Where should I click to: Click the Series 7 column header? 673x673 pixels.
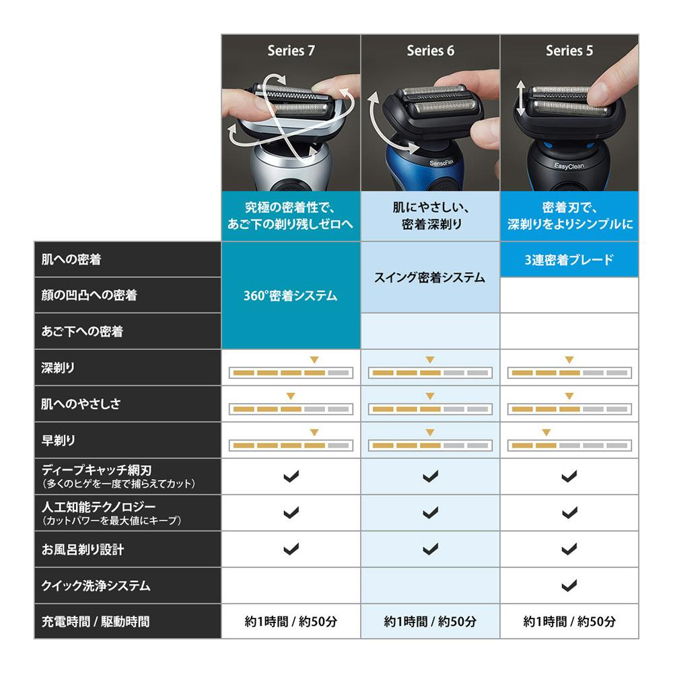[x=291, y=50]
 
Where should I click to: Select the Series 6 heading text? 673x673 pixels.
[x=430, y=50]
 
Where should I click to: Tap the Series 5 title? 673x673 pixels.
[x=569, y=50]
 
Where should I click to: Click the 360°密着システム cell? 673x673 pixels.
[x=291, y=295]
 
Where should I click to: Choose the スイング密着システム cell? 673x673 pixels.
[x=430, y=277]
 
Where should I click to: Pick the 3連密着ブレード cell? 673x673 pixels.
[x=569, y=260]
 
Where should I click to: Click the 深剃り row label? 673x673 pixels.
[x=59, y=368]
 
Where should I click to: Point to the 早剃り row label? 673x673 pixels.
[x=59, y=441]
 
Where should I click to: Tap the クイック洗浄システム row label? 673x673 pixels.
[x=96, y=586]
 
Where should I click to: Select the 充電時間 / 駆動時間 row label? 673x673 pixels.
[x=95, y=622]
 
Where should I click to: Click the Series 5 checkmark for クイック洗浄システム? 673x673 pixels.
[x=569, y=586]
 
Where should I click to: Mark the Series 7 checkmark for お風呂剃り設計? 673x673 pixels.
[x=291, y=549]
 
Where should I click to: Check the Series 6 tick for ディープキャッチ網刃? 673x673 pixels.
[x=430, y=476]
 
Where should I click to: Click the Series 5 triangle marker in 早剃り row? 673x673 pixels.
[x=546, y=432]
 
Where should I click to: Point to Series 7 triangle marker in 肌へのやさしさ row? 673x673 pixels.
[x=291, y=396]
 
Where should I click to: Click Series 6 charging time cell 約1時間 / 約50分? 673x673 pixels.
[x=430, y=622]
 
